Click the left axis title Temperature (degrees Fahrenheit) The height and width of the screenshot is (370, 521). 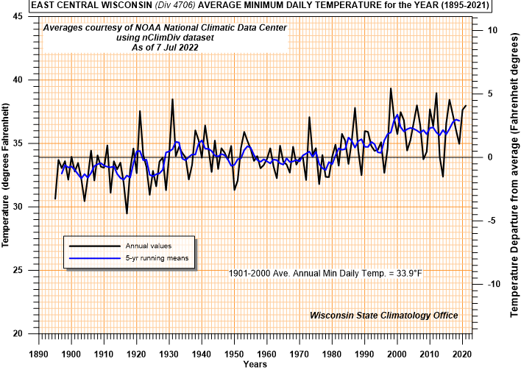tap(7, 176)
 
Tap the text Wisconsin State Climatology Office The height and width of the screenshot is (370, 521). tap(383, 315)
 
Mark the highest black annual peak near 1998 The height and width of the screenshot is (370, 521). tap(391, 88)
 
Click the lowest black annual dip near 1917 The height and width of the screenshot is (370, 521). tap(127, 213)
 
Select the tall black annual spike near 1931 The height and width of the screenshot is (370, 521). tap(172, 99)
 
